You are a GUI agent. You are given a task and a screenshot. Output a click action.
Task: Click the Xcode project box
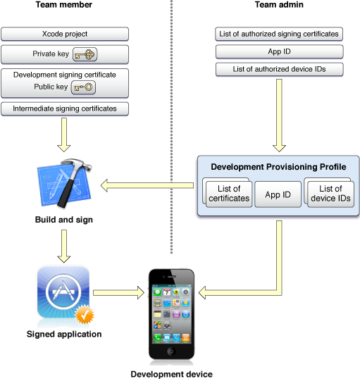tap(65, 34)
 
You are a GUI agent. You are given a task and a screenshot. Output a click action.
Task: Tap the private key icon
tap(85, 54)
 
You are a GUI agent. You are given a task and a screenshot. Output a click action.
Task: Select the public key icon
tap(83, 87)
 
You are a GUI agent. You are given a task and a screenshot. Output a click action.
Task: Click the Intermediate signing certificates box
tap(65, 108)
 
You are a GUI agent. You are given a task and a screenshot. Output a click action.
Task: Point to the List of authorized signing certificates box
tap(279, 34)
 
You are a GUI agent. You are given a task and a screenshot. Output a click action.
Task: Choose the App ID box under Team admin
tap(279, 51)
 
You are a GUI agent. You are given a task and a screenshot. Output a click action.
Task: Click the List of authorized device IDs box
tap(279, 69)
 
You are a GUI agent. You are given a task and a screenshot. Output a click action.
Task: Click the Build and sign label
tap(64, 220)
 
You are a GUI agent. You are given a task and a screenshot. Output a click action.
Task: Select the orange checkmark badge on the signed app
tap(85, 314)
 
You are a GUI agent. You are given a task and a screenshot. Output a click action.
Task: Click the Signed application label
tap(64, 334)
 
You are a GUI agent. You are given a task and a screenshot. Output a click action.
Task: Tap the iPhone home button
tap(172, 351)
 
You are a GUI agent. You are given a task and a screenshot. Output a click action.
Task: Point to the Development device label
tap(172, 374)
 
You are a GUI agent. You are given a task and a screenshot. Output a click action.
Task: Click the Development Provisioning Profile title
tap(278, 167)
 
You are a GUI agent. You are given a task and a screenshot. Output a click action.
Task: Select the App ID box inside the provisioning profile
tap(278, 194)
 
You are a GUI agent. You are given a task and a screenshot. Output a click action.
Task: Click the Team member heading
tap(64, 5)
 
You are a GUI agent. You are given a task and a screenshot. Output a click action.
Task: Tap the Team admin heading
tap(279, 5)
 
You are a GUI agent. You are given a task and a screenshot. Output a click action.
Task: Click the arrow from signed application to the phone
tap(118, 292)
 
